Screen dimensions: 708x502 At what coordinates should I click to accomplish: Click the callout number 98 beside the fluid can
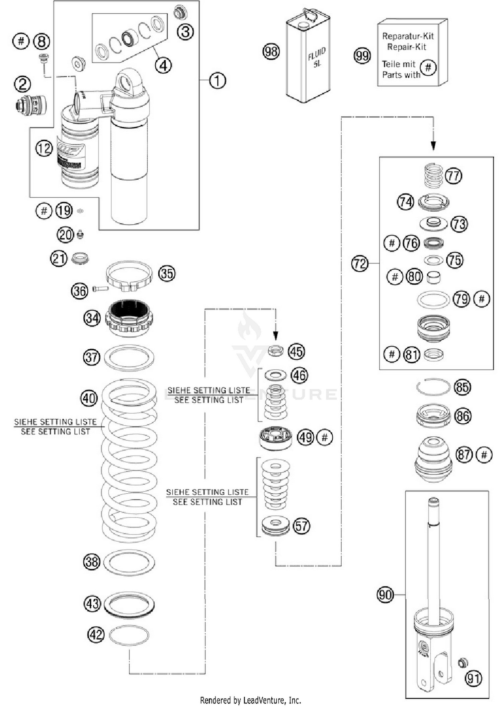(x=271, y=52)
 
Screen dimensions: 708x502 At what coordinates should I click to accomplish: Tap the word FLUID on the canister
(x=316, y=54)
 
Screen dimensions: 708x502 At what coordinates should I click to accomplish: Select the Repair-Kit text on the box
(x=407, y=47)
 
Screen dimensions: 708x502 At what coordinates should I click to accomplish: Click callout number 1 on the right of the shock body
(x=218, y=81)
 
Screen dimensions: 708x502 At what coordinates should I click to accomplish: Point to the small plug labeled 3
(x=180, y=12)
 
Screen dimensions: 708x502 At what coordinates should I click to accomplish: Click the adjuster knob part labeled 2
(x=31, y=105)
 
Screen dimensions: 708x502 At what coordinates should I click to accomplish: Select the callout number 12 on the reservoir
(x=44, y=148)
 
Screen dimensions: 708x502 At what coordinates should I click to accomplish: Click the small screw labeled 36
(x=100, y=288)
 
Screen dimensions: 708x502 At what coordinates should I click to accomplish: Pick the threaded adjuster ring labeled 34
(x=129, y=318)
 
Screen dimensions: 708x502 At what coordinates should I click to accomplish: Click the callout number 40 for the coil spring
(x=89, y=398)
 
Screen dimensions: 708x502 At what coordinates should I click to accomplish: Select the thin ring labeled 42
(x=129, y=635)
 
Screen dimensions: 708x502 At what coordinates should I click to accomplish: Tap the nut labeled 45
(x=276, y=351)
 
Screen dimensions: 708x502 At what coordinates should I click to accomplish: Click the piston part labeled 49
(x=276, y=438)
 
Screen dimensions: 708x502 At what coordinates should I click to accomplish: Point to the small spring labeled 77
(x=433, y=175)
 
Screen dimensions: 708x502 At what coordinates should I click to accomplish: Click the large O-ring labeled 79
(x=433, y=299)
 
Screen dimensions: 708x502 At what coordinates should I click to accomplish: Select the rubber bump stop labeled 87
(x=433, y=459)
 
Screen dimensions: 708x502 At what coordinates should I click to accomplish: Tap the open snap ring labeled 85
(x=433, y=387)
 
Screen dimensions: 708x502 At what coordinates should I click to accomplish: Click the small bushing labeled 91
(x=463, y=662)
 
